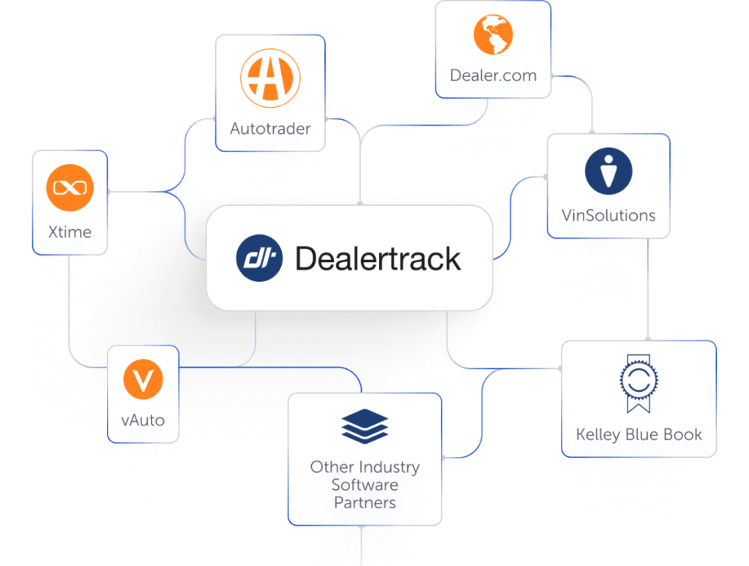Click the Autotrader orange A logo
coord(270,78)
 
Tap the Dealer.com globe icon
coord(493,34)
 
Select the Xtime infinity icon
coord(70,188)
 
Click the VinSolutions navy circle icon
coord(608,172)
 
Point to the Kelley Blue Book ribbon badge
coord(637,384)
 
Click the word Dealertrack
coord(378,258)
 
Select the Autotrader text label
coord(270,129)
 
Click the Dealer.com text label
coord(493,75)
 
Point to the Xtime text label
coord(70,232)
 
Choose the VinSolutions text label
coord(608,215)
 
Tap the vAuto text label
coord(143,420)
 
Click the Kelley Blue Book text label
coord(638,434)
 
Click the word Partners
coord(365,502)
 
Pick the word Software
coord(365,485)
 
